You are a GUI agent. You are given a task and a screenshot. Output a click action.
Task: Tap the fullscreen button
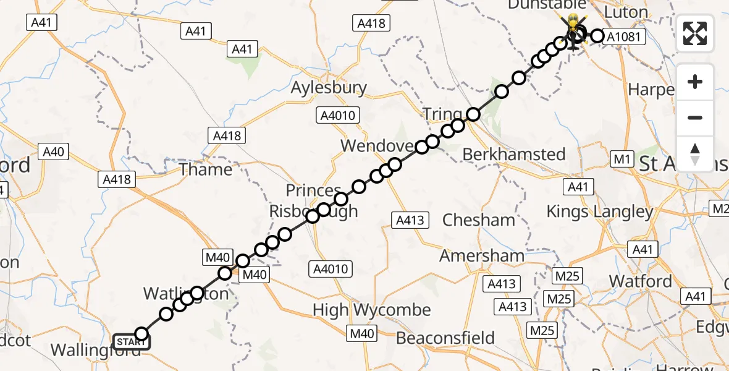click(695, 33)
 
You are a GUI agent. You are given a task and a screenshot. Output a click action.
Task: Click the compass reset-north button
click(695, 153)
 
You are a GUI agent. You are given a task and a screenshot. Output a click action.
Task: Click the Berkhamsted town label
click(513, 154)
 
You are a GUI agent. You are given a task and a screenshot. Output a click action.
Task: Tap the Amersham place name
click(482, 255)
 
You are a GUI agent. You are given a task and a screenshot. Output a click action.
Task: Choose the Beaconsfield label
click(445, 338)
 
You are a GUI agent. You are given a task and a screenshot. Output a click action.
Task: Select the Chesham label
click(479, 220)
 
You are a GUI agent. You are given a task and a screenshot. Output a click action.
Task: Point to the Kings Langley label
click(600, 211)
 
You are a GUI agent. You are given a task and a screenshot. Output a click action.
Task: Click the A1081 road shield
click(625, 37)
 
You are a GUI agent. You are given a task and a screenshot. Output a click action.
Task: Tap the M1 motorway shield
click(621, 160)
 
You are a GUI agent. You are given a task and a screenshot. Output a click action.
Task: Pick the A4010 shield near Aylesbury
click(337, 115)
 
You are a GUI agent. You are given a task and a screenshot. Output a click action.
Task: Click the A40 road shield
click(53, 151)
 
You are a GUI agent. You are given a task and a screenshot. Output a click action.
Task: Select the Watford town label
click(641, 281)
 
